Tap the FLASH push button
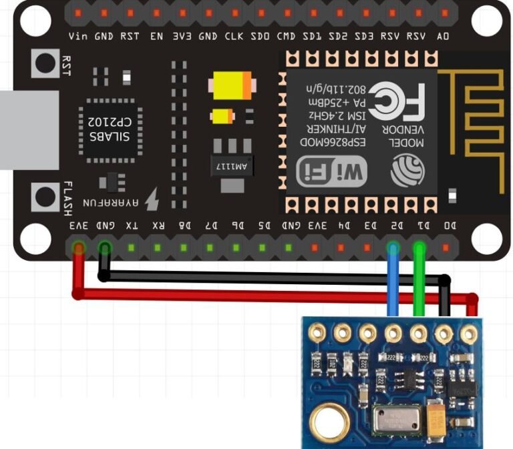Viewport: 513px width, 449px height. [x=45, y=197]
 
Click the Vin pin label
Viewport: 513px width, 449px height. [x=77, y=36]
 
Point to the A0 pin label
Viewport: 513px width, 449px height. [x=442, y=36]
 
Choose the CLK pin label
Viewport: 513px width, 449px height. [x=234, y=36]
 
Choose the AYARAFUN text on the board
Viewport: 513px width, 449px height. [x=112, y=201]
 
